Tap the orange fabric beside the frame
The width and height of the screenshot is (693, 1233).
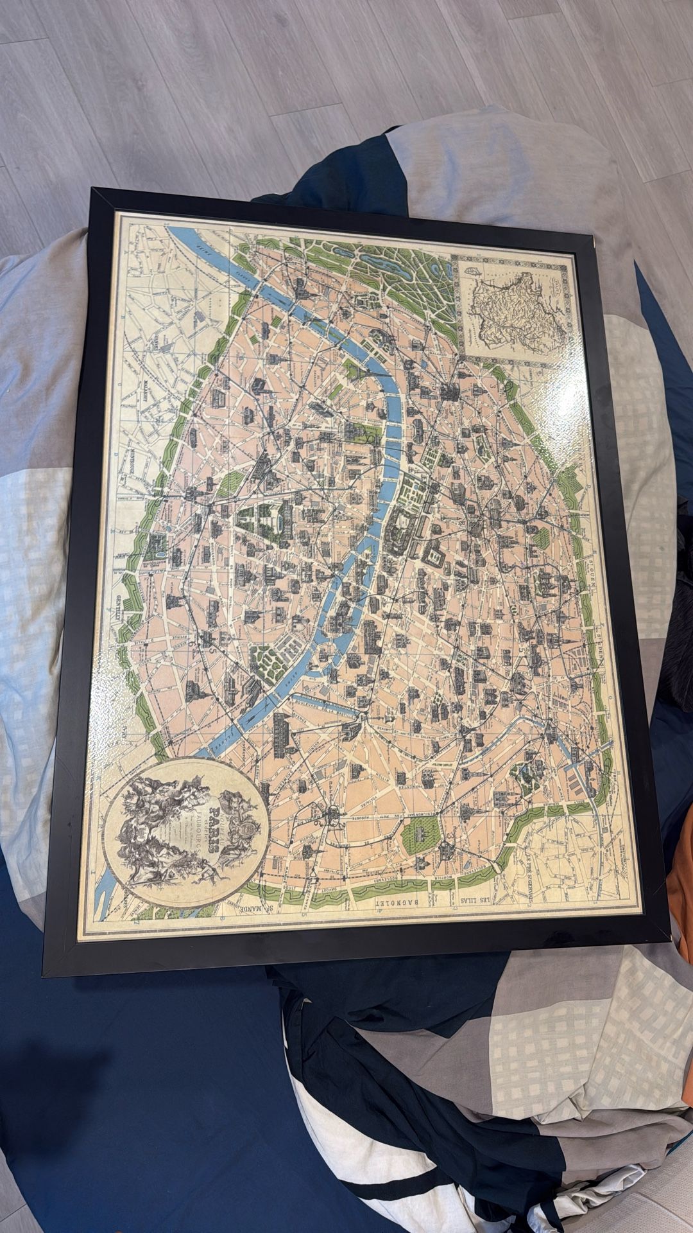[x=680, y=873]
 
